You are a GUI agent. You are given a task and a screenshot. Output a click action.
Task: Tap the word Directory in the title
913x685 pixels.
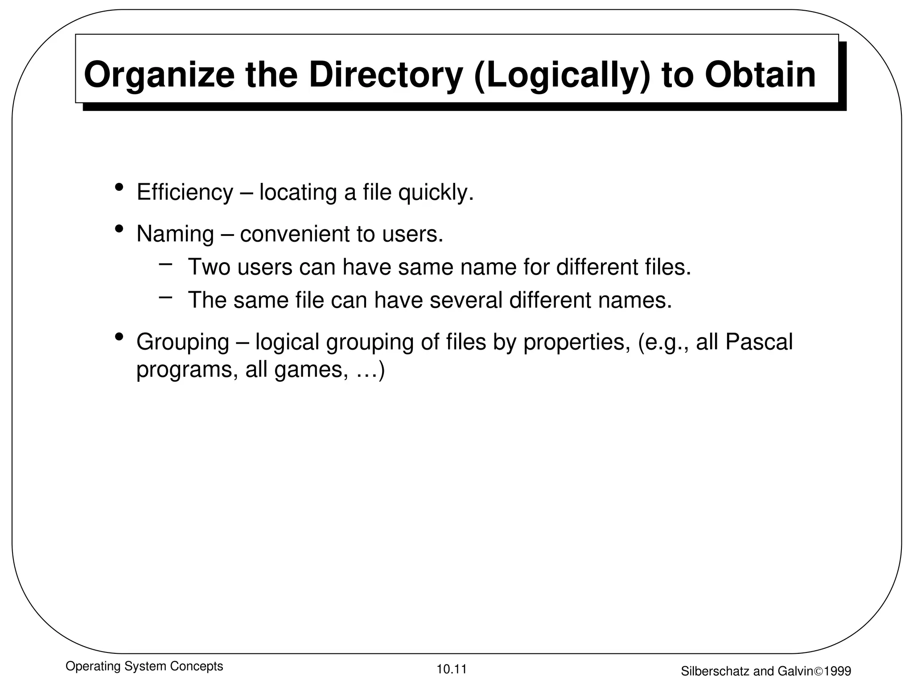click(x=386, y=75)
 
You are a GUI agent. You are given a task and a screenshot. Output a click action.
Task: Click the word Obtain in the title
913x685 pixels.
click(x=760, y=75)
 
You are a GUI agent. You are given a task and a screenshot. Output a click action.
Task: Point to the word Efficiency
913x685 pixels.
click(x=185, y=193)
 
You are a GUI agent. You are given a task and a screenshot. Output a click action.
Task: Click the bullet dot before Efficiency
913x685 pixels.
click(x=119, y=187)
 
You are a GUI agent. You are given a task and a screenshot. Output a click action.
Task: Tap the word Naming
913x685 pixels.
click(x=175, y=234)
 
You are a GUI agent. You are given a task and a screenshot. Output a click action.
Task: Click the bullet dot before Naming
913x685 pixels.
click(x=119, y=229)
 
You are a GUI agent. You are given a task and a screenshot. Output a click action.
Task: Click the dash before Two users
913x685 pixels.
click(x=165, y=264)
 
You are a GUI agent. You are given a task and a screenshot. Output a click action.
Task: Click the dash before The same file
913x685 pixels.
click(x=165, y=296)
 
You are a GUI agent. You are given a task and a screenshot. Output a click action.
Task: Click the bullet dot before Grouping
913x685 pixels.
click(x=119, y=337)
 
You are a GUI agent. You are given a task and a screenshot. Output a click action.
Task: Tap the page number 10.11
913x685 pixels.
click(x=451, y=669)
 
